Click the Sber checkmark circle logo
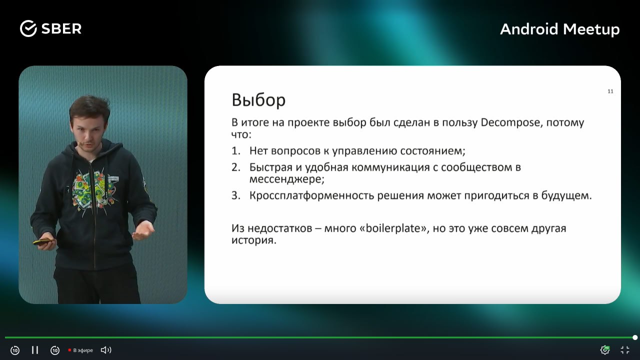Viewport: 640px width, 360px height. click(28, 28)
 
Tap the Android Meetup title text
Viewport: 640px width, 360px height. click(559, 29)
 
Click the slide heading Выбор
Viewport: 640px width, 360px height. click(258, 99)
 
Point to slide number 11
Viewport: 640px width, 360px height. click(610, 91)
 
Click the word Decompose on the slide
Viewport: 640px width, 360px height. click(510, 122)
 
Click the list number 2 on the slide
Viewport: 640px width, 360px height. click(235, 167)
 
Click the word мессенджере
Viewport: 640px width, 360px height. click(286, 179)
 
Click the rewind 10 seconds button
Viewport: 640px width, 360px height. click(15, 350)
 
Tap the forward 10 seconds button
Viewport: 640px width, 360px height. click(55, 350)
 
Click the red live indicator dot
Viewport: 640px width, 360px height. click(69, 350)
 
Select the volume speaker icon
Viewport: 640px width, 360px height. click(106, 350)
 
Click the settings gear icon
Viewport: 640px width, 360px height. click(605, 350)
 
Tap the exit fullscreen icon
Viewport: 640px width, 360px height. click(625, 350)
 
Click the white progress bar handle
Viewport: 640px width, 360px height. click(635, 337)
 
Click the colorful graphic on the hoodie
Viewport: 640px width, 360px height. click(92, 188)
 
